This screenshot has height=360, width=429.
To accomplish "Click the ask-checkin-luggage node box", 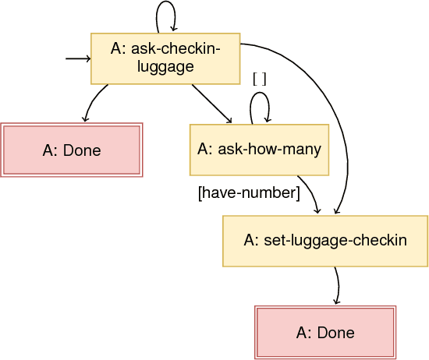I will coord(165,58).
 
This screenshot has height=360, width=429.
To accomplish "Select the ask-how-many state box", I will coord(259,149).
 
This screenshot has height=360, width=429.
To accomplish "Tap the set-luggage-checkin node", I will coord(325,241).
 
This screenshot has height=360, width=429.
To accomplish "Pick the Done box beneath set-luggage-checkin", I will coord(325,333).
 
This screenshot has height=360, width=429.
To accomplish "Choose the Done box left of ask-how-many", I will coord(71,150).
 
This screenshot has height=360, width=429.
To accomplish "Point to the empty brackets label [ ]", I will coord(260,79).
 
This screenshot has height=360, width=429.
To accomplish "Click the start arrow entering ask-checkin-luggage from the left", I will coord(78,59).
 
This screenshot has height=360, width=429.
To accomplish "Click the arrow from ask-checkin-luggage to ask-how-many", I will coord(211,103).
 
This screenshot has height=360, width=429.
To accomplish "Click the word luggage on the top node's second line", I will coord(165,67).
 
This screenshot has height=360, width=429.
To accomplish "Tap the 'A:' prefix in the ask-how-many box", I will coord(207,149).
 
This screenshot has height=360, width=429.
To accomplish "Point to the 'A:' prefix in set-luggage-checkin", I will coord(252,241).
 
